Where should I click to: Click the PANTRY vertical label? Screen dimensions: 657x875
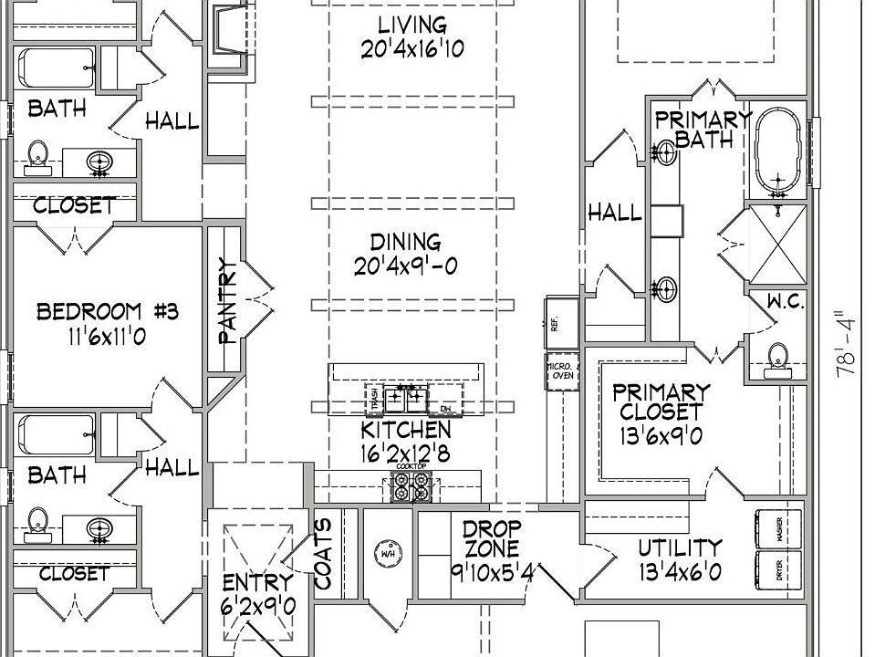228,300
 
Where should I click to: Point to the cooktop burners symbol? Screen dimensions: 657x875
410,487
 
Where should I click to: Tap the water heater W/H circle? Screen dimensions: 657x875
386,553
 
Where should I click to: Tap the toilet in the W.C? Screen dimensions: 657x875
777,358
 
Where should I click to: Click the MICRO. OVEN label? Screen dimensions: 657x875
558,374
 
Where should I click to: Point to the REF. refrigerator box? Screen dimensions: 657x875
558,321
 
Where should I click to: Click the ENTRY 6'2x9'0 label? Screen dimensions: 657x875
258,592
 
